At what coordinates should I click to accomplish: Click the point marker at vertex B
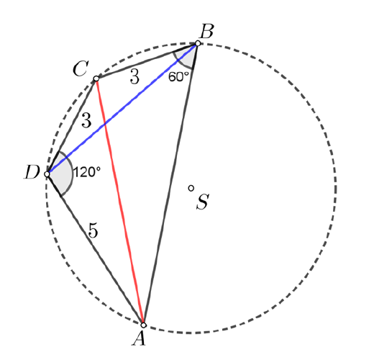198,43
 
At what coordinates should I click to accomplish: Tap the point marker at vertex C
96,78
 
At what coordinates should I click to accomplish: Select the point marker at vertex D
47,174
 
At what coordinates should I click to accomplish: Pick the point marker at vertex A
143,325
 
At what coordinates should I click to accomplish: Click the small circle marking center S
191,188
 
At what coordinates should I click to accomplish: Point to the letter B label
206,32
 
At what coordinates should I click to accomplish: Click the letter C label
81,68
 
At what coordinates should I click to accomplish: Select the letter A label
139,338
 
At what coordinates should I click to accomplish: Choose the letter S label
203,202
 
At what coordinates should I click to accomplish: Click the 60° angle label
179,77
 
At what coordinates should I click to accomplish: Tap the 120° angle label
86,172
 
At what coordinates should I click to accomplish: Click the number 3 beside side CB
134,76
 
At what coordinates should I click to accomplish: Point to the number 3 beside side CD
86,120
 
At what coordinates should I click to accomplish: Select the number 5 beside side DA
93,230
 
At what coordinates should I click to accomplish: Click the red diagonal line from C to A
119,202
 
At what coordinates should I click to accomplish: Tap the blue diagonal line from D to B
122,109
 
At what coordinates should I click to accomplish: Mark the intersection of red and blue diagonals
104,124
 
